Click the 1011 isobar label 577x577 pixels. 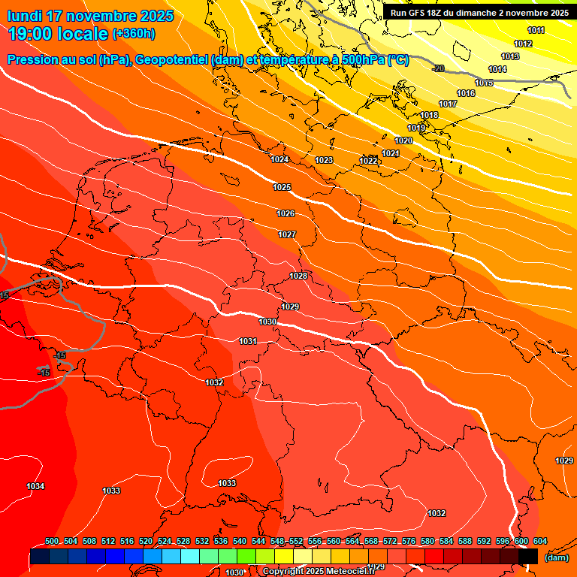click(x=536, y=30)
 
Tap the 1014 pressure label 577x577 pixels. click(x=497, y=69)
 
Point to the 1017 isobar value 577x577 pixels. click(x=448, y=104)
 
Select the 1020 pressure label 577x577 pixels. click(x=403, y=140)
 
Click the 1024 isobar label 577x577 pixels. click(x=280, y=159)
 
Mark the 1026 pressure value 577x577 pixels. click(x=285, y=213)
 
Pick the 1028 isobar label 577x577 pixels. click(x=298, y=276)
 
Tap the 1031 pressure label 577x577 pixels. click(x=248, y=341)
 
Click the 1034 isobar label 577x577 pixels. click(x=35, y=486)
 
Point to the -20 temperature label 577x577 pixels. click(x=439, y=68)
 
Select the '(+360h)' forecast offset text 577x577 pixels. click(x=134, y=34)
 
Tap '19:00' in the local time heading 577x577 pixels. click(x=30, y=34)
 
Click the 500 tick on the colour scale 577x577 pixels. click(x=52, y=541)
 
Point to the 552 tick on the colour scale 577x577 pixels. click(x=296, y=541)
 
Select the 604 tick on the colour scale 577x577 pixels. click(x=540, y=541)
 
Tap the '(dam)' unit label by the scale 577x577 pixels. click(x=556, y=557)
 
